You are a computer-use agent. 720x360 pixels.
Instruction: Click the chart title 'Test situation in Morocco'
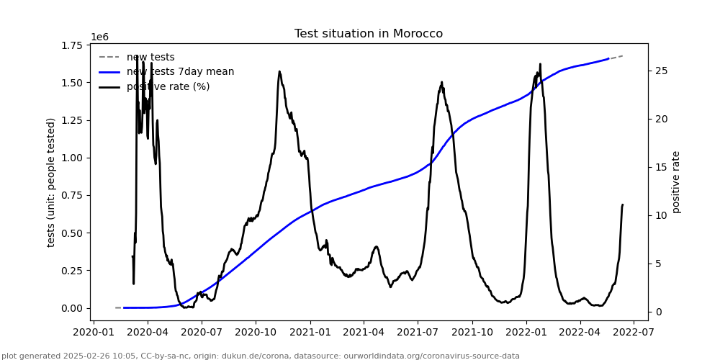click(368, 34)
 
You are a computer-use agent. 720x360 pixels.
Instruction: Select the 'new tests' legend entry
click(150, 58)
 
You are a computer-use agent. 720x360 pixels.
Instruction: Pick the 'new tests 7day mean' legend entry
click(180, 72)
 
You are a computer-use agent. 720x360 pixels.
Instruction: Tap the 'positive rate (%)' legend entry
click(168, 87)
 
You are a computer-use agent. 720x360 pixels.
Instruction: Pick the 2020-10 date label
click(256, 332)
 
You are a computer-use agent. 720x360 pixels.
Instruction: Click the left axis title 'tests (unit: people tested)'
click(51, 182)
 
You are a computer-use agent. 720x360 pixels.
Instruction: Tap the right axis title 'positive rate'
click(676, 182)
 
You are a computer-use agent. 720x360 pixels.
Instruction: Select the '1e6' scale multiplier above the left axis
click(99, 37)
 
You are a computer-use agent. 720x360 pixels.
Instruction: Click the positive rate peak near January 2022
click(540, 64)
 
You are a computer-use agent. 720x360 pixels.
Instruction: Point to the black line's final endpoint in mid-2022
click(623, 204)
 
